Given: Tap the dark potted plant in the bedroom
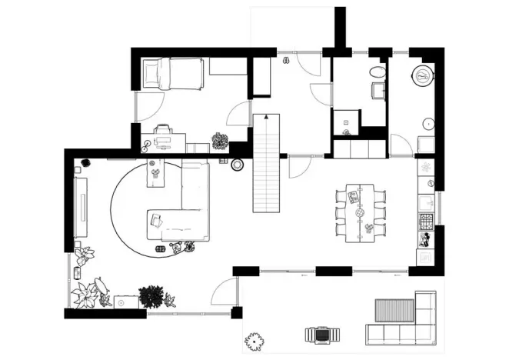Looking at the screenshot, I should [x=220, y=142].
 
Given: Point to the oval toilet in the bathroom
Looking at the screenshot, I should [x=377, y=72].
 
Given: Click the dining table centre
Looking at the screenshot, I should [x=360, y=212].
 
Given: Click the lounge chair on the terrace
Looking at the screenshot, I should [x=321, y=335].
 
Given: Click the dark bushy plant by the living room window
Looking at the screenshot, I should [x=152, y=295].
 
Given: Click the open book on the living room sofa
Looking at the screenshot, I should [x=157, y=222].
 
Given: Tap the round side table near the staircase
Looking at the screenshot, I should [x=238, y=164].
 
